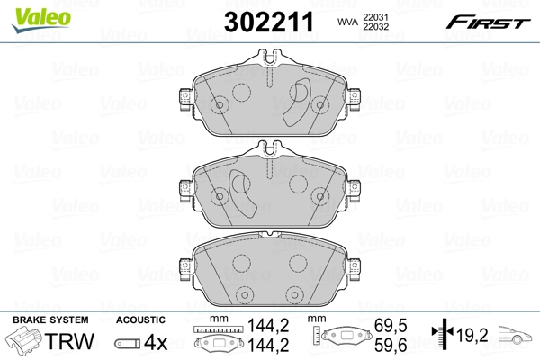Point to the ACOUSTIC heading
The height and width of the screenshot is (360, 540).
point(140,319)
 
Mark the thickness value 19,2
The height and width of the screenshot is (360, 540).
point(472,335)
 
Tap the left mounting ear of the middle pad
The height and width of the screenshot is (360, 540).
point(186,186)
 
